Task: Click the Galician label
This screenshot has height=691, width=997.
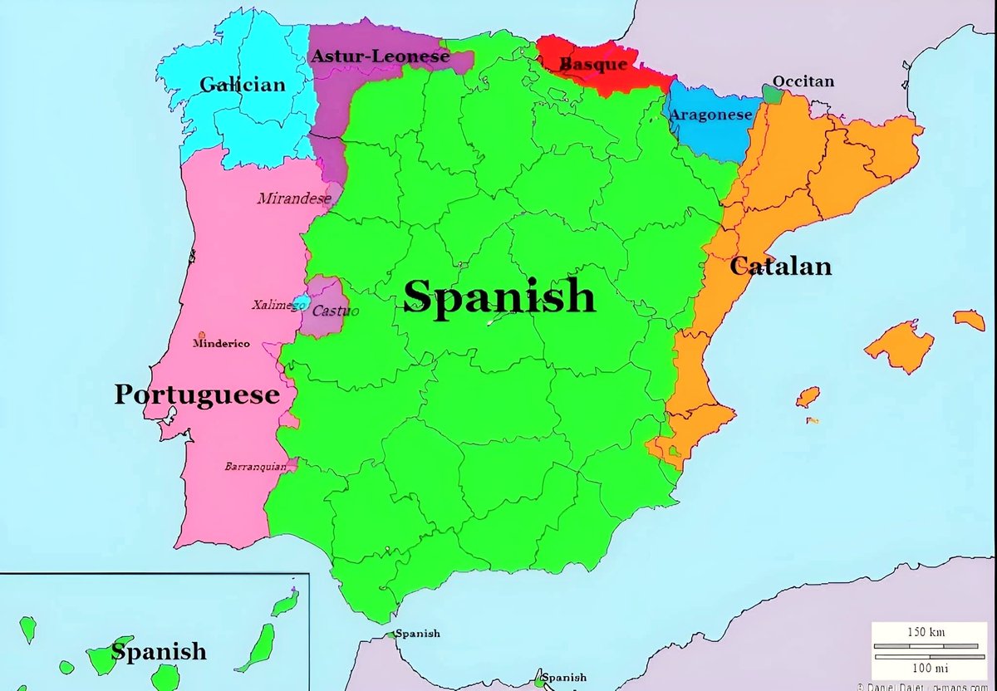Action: click(242, 84)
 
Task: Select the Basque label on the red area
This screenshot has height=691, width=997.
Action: click(593, 64)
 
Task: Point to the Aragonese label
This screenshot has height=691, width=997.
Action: click(710, 115)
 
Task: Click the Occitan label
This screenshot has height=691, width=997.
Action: click(803, 81)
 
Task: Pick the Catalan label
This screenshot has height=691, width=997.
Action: click(780, 266)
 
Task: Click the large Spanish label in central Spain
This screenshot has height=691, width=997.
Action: click(499, 296)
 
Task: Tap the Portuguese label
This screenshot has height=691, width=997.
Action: click(196, 395)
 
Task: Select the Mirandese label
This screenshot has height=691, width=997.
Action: click(294, 198)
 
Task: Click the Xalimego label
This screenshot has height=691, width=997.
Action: click(277, 305)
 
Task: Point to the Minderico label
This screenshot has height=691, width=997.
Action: click(221, 343)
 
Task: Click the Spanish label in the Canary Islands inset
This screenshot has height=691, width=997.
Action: click(159, 651)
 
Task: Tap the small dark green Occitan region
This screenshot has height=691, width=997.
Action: click(773, 94)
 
